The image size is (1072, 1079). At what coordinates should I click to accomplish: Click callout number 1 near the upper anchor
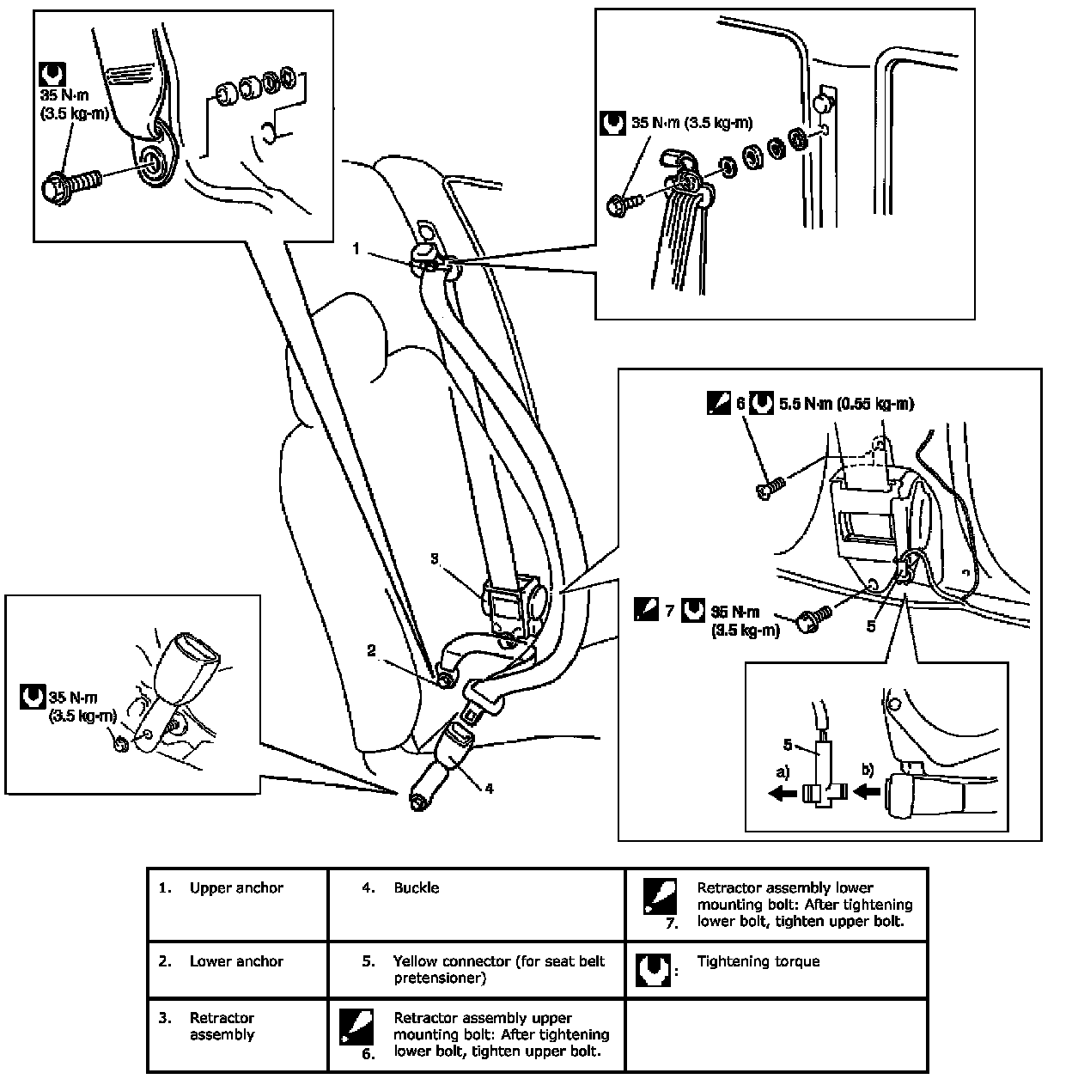356,248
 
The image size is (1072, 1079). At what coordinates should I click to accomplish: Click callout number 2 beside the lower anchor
371,651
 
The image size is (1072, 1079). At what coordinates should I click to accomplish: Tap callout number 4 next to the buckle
489,786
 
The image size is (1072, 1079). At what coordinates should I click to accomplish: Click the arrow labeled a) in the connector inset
782,795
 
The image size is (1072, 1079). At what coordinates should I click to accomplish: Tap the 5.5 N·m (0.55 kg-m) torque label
846,403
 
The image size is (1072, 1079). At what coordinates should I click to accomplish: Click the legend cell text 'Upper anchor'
236,888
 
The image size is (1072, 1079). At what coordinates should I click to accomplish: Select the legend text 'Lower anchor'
236,961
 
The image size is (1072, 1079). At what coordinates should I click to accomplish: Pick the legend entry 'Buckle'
417,888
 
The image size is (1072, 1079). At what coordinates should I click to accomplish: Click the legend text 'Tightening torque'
758,961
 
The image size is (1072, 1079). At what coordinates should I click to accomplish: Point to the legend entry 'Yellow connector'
498,969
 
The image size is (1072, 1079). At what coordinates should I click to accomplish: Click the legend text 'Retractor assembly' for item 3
222,1027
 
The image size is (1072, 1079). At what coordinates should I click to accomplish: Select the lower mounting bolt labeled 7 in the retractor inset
811,621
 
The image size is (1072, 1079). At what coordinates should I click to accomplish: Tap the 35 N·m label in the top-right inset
691,124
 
